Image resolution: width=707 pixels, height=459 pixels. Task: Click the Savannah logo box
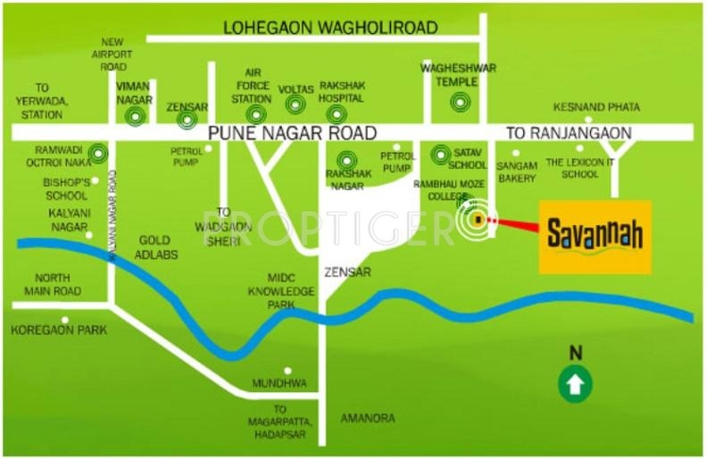(595, 237)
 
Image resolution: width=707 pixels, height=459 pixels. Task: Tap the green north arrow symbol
(576, 385)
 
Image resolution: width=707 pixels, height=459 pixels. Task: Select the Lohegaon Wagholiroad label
(330, 28)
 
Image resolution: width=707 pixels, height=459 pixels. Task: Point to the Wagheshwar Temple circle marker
(459, 102)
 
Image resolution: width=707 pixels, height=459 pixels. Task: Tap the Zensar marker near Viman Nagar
(187, 119)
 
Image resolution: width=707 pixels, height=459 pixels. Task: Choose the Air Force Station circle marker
(257, 114)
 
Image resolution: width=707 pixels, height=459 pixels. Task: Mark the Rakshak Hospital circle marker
(336, 113)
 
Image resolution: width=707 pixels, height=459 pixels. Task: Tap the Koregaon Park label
(59, 330)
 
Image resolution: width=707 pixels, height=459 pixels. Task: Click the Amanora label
(368, 418)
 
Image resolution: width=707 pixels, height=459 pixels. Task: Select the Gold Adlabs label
(158, 247)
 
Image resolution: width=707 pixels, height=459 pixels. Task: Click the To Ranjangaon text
(569, 132)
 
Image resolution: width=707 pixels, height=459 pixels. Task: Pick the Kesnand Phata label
(596, 106)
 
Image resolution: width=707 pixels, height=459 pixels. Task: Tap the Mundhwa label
(279, 383)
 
